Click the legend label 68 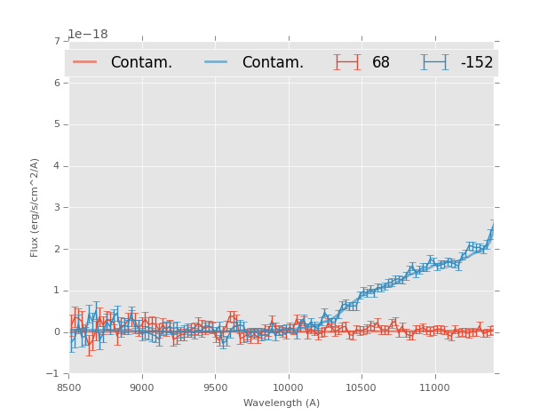click(381, 62)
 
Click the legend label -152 click(476, 62)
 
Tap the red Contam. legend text click(141, 62)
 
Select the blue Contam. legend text click(273, 62)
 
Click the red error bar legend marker click(346, 62)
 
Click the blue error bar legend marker click(434, 62)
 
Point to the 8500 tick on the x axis click(69, 387)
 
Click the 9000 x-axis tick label click(142, 387)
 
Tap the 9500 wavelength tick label click(215, 387)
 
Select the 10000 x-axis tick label click(289, 387)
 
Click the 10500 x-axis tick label click(361, 387)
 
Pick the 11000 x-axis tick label click(434, 387)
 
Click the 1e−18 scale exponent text click(88, 35)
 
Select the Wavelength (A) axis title click(282, 403)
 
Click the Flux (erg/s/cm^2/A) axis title click(36, 207)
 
